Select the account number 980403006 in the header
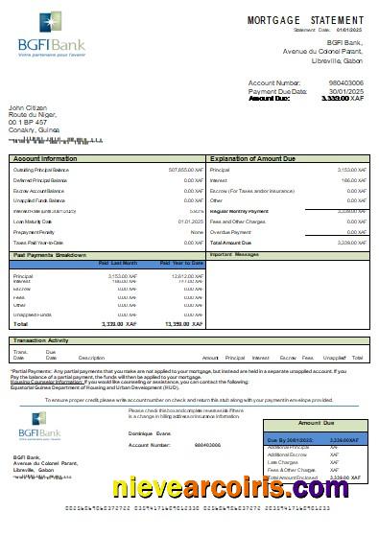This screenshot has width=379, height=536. (344, 82)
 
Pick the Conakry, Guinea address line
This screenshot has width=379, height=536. (36, 130)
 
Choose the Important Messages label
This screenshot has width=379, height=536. (235, 255)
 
